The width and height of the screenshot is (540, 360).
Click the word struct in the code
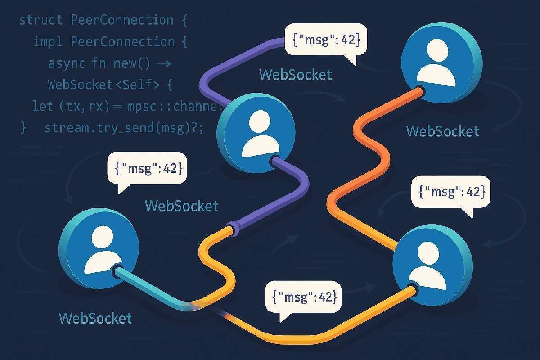click(x=41, y=21)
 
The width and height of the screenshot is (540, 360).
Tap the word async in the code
click(x=66, y=63)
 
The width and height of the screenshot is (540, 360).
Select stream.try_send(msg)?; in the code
click(x=124, y=128)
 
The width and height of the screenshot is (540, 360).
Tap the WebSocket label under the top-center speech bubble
click(x=296, y=74)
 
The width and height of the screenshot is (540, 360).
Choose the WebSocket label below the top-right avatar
click(x=443, y=131)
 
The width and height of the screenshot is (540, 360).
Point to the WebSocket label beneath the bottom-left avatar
click(x=95, y=318)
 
